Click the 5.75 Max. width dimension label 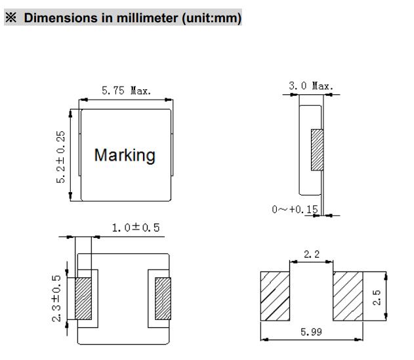126,90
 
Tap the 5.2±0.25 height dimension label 60,157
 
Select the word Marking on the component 125,155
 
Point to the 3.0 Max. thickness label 311,86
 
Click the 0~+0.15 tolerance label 295,209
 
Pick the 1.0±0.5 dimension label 136,228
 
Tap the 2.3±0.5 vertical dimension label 56,298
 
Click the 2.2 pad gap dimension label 312,254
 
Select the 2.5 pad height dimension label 377,297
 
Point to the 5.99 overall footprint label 311,332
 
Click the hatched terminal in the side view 317,150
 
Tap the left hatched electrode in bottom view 83,298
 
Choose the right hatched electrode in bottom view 163,298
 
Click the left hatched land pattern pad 275,296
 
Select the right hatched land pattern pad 348,296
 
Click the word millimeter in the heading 147,18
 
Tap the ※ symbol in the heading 11,18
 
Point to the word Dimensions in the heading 61,18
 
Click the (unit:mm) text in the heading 211,18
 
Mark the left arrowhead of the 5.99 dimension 265,340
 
